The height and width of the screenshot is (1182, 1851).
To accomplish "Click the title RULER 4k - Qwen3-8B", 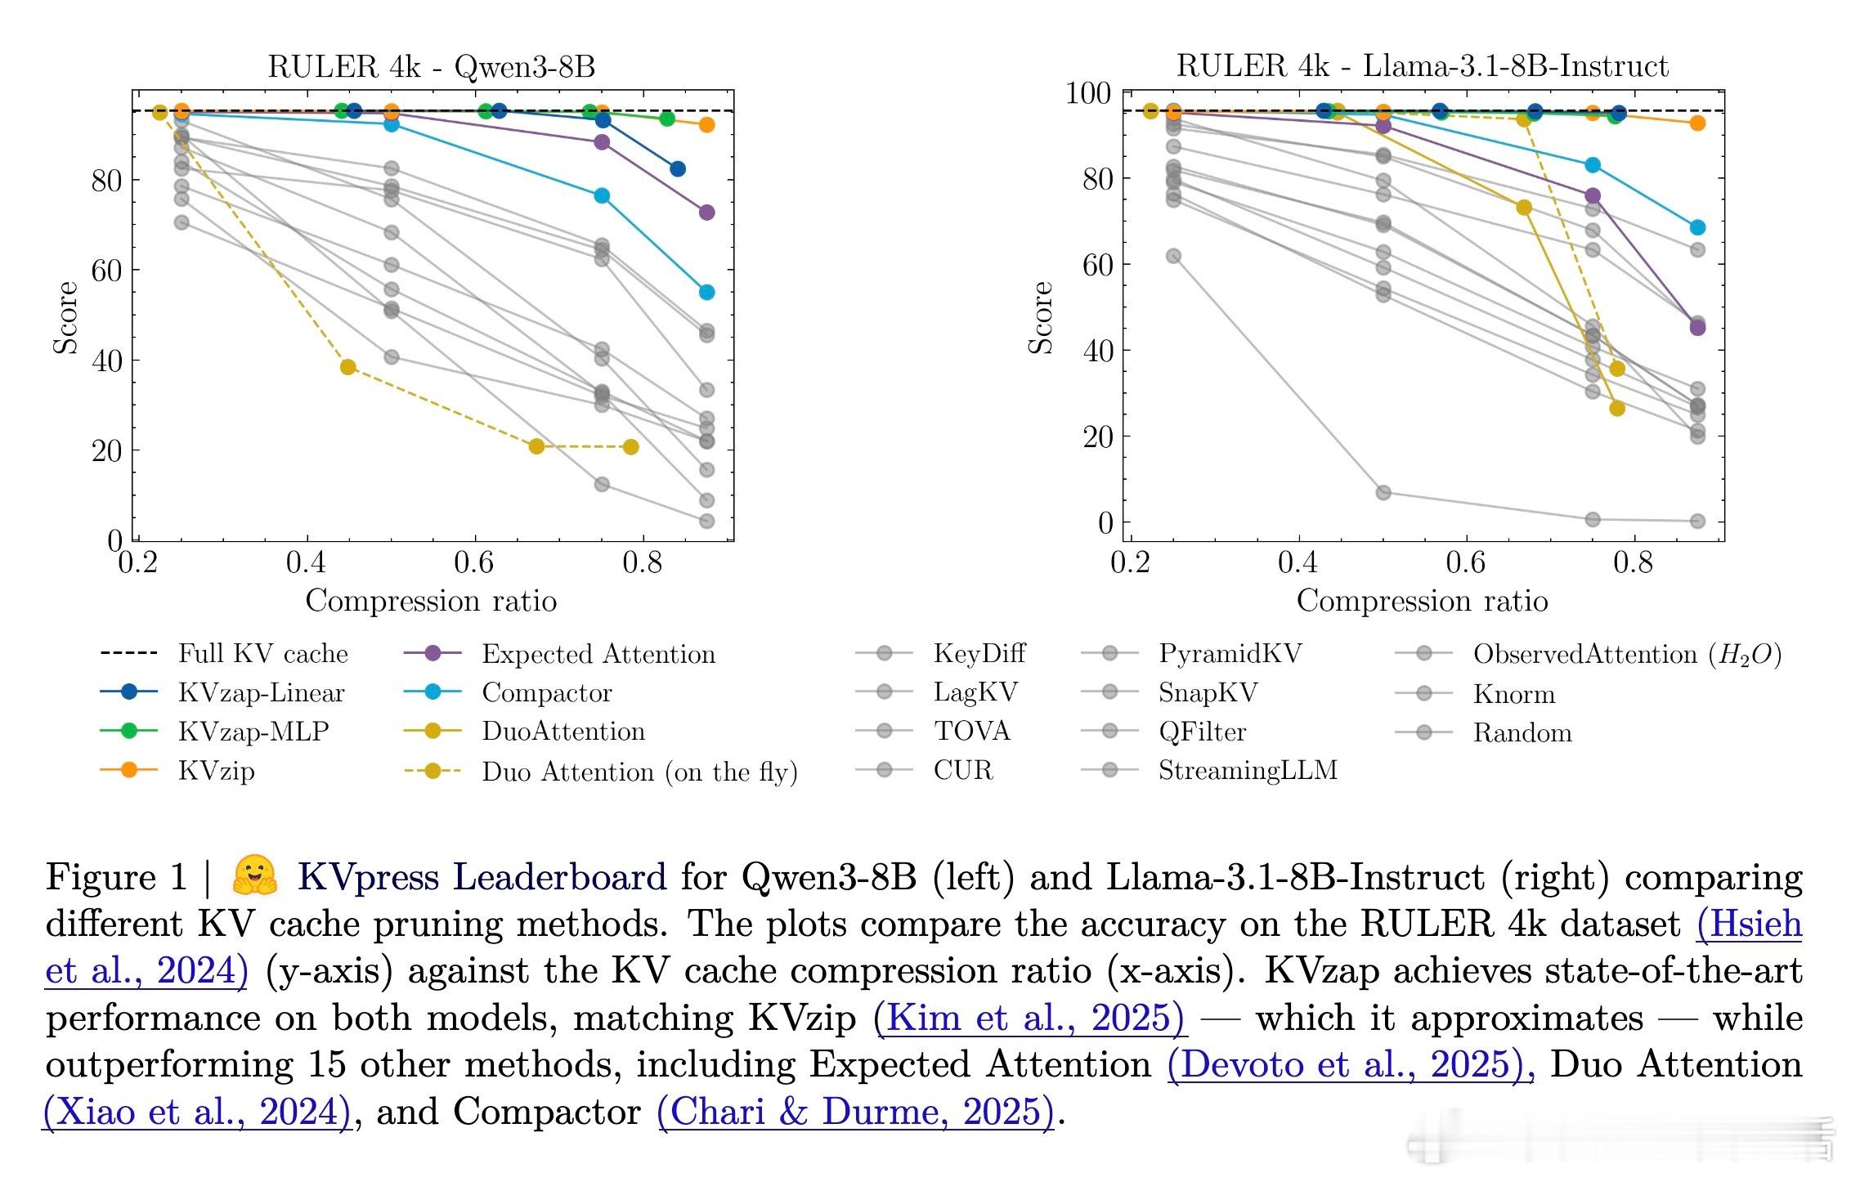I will (x=432, y=66).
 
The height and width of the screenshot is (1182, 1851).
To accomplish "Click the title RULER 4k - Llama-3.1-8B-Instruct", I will (x=1422, y=65).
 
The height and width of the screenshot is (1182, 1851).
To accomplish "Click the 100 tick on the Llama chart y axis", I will (x=1087, y=93).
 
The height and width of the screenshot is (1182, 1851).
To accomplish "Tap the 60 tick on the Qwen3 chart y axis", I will (x=106, y=271).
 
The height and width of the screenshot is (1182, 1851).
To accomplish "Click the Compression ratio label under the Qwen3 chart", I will (x=431, y=601).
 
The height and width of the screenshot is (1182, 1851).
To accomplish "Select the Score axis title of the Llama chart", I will (x=1040, y=317).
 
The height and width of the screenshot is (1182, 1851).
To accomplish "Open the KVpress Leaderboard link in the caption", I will (x=482, y=877).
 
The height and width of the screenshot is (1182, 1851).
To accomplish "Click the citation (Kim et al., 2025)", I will (x=1029, y=1018).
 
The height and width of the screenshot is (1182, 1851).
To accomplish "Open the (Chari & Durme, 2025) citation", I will (x=856, y=1112).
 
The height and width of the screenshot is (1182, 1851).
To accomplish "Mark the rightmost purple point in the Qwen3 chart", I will (x=706, y=213).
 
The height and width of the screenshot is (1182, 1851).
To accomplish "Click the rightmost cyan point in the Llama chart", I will (x=1697, y=227).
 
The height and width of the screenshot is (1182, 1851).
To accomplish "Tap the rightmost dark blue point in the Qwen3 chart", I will (x=677, y=169).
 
